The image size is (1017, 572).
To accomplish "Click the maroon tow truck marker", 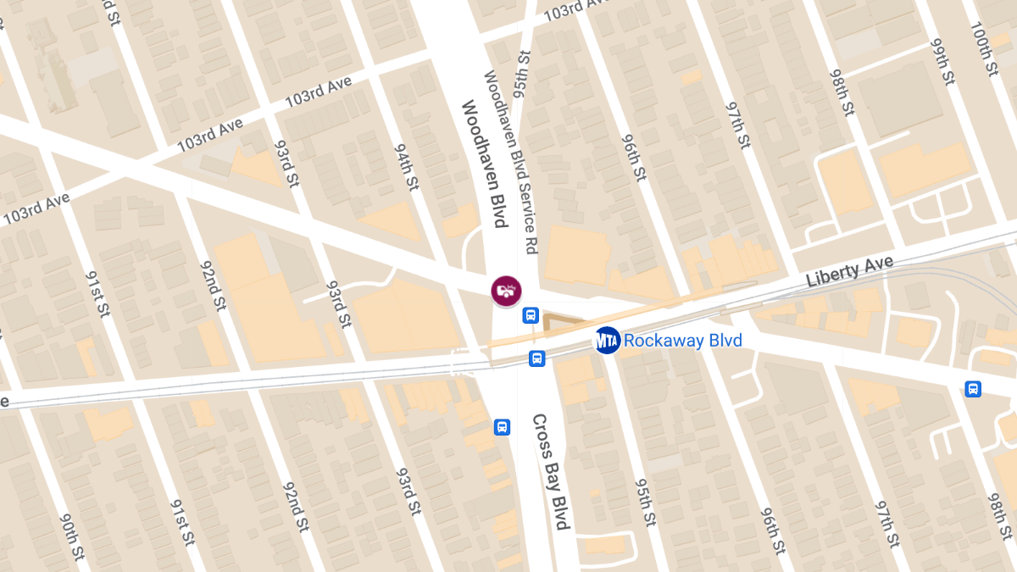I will (506, 290).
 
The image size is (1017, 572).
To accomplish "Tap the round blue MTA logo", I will (607, 341).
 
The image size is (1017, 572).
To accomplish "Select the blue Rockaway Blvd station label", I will (682, 341).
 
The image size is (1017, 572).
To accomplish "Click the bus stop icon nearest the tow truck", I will (531, 315).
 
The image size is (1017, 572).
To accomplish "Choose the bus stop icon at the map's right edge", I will (973, 389).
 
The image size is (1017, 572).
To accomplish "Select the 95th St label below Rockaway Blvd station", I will (644, 500).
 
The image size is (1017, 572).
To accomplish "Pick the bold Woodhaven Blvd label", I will (484, 164).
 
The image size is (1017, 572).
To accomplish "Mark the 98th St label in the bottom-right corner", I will (1000, 517).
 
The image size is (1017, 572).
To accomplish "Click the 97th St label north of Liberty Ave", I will (738, 125).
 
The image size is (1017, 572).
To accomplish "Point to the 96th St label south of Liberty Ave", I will (771, 530).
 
